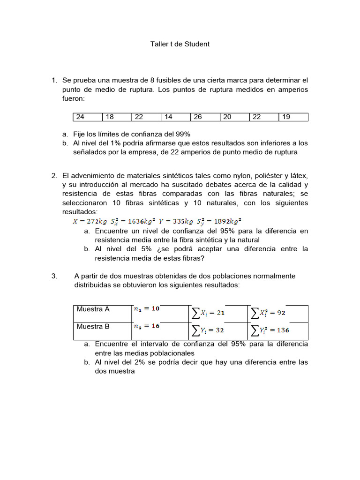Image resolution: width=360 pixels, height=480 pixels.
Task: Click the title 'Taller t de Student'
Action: pos(180,44)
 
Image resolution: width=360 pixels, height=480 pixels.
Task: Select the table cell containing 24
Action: pos(88,117)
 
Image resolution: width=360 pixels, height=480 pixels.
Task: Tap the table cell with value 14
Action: pos(175,117)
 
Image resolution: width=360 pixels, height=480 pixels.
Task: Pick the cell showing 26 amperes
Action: pos(205,117)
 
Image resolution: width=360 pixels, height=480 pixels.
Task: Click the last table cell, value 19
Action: pos(293,117)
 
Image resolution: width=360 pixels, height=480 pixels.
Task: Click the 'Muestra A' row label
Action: pos(93,309)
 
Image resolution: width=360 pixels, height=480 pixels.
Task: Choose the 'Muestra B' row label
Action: pos(93,327)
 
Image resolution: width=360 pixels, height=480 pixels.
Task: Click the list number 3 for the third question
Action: pos(54,276)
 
